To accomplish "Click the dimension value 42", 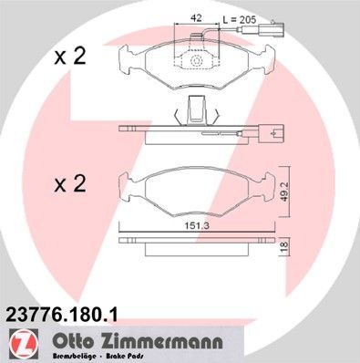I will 195,17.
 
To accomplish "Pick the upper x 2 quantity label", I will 69,57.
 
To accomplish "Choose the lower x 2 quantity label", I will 69,185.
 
